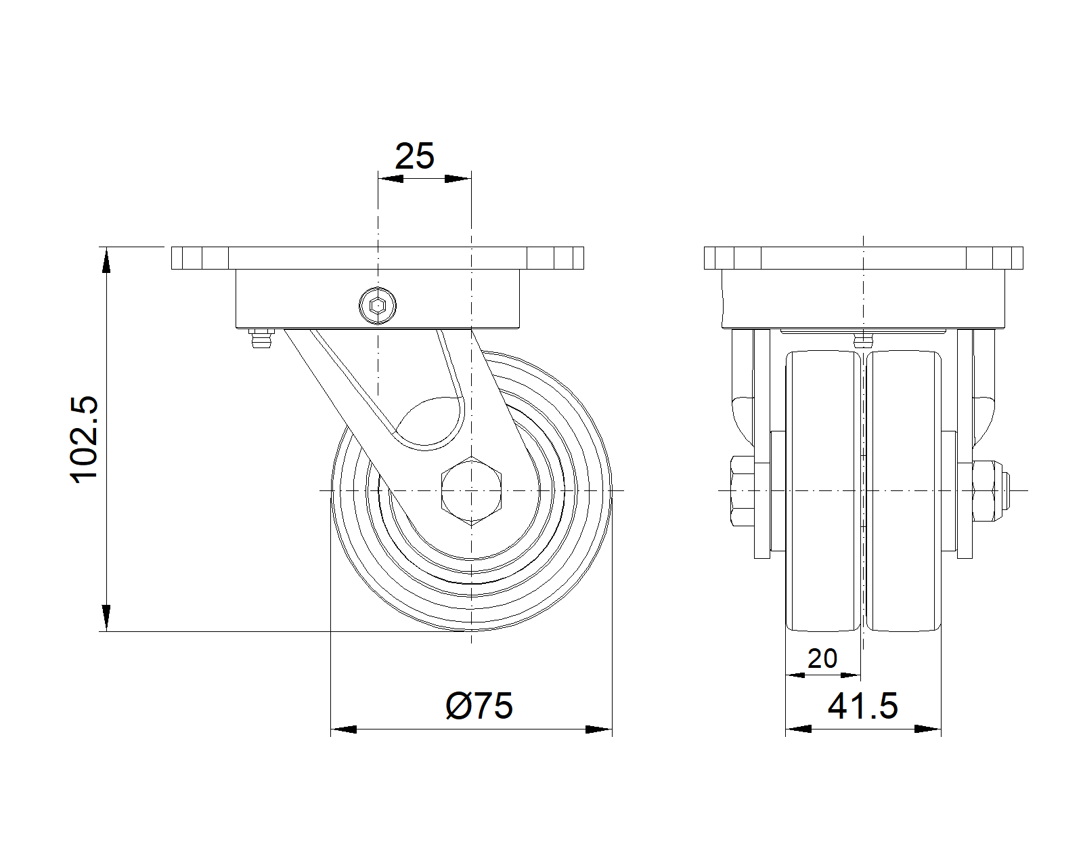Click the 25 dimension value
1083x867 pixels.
tap(414, 156)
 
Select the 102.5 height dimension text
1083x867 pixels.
tap(84, 440)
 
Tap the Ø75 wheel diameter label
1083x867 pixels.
tap(479, 706)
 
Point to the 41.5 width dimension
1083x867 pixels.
tap(862, 706)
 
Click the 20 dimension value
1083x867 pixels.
tap(822, 658)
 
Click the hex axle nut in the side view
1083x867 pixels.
tap(471, 491)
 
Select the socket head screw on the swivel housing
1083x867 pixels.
tap(378, 305)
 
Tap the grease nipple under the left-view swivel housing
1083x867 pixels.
tap(261, 337)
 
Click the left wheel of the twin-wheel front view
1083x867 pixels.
tap(823, 491)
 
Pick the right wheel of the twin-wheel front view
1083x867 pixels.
tap(904, 491)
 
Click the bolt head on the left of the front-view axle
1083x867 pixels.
tap(743, 491)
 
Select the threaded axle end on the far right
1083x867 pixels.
tap(1006, 490)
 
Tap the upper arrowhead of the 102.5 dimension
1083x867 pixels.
tap(106, 260)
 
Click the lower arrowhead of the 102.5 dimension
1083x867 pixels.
tap(106, 618)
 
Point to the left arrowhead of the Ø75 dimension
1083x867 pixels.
tap(344, 729)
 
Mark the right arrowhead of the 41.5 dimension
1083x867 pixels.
tap(928, 729)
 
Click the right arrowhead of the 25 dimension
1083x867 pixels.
tap(458, 179)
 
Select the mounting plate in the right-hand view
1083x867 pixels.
tap(864, 258)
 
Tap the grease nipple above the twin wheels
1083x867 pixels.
tap(863, 341)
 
